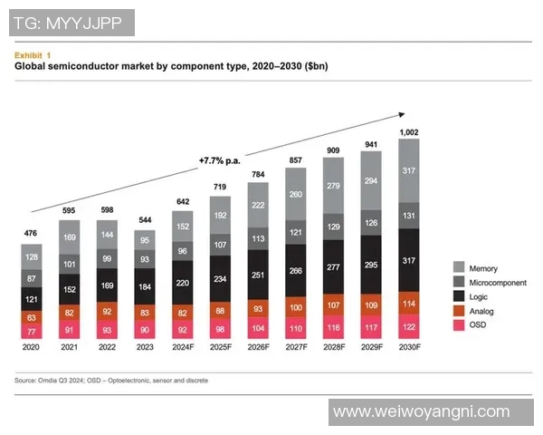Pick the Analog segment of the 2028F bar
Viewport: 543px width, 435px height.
[334, 303]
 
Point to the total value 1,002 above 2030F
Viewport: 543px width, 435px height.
[410, 131]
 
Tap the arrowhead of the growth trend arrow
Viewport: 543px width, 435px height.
[401, 114]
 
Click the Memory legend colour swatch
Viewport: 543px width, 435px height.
[459, 267]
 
